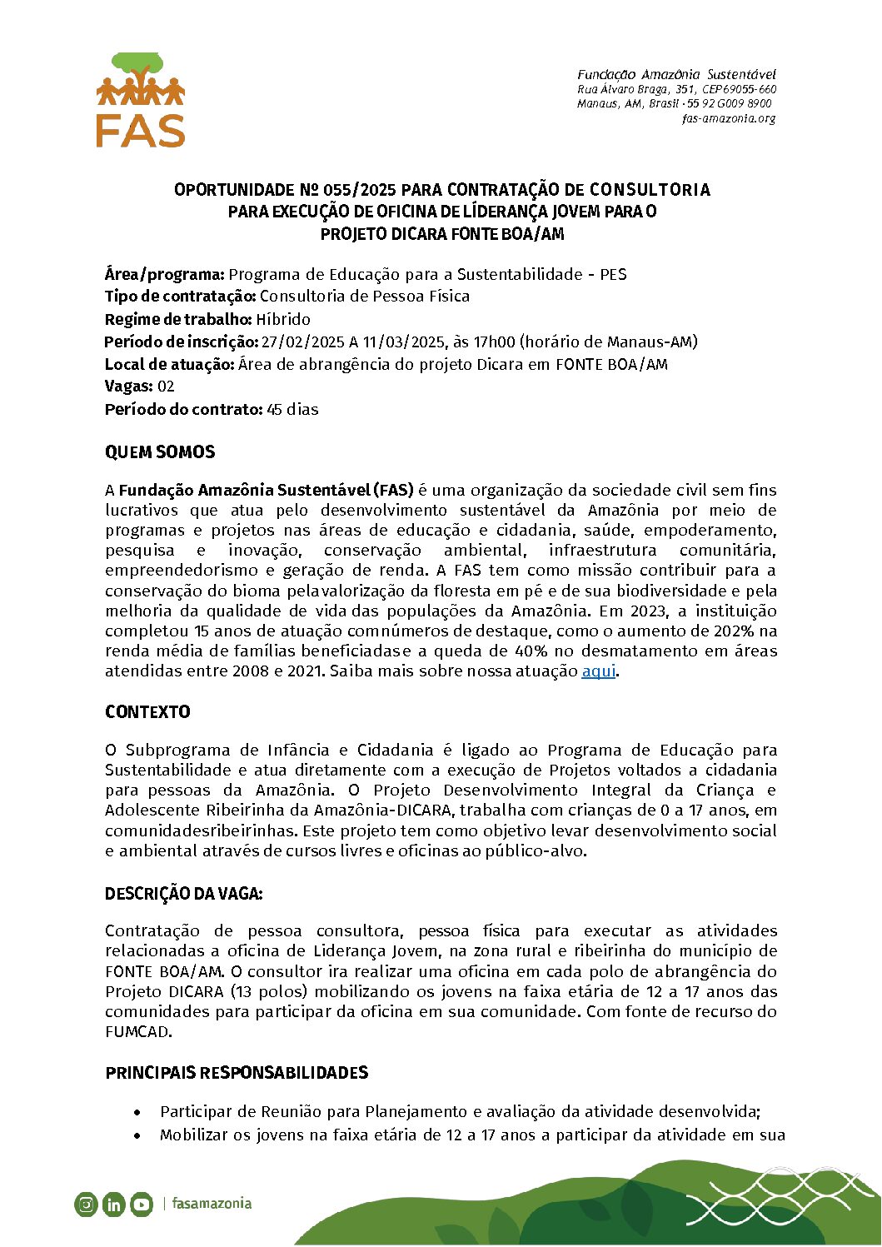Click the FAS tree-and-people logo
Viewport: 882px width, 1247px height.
(x=141, y=100)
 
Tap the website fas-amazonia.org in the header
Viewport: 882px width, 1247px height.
(x=729, y=118)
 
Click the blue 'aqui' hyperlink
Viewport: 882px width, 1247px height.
(x=598, y=671)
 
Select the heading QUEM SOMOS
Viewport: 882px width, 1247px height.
(x=160, y=452)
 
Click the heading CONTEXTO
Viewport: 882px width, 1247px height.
(x=147, y=712)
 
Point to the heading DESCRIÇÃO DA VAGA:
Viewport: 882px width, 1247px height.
(x=183, y=894)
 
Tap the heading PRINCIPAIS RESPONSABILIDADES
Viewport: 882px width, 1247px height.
(x=237, y=1072)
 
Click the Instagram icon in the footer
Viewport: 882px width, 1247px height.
(x=86, y=1204)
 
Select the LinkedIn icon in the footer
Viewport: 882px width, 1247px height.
(x=114, y=1204)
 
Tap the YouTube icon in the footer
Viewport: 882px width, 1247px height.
(x=142, y=1204)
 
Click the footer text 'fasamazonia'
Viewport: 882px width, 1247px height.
(x=212, y=1203)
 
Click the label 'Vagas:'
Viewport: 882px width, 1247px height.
(x=128, y=387)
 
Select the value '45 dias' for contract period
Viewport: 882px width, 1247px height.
(x=292, y=409)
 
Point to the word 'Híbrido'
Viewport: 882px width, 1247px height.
(x=283, y=319)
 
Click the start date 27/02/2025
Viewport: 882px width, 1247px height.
(x=297, y=342)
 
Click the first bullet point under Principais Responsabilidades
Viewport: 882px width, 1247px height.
(x=137, y=1112)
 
